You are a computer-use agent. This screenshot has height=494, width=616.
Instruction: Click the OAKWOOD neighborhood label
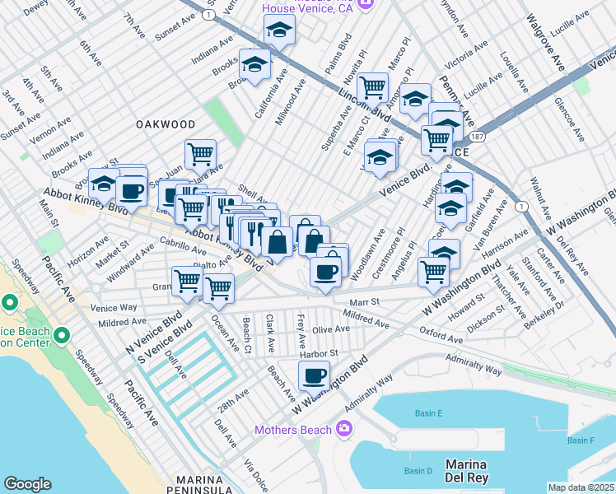(166, 124)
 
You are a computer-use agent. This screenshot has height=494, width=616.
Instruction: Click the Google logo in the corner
(27, 483)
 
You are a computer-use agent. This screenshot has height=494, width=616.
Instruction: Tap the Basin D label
(418, 471)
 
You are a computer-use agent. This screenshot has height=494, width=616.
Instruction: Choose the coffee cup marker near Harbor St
(312, 376)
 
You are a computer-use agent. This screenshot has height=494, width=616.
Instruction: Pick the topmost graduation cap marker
(279, 30)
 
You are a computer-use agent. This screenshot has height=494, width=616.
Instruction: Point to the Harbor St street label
(320, 353)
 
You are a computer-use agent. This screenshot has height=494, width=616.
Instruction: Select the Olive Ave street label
(330, 329)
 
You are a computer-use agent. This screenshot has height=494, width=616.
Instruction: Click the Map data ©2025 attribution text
(581, 487)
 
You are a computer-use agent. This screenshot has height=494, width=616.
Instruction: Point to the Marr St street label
(362, 302)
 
